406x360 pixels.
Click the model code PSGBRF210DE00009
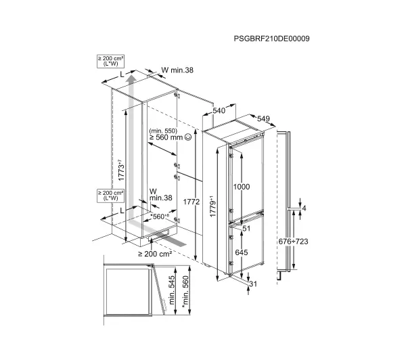point(271,39)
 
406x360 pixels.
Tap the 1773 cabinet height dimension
point(121,170)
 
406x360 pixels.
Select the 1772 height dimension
point(191,202)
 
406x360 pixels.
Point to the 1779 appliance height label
point(213,206)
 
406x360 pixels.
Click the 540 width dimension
point(219,110)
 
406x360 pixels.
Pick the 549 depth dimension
point(263,118)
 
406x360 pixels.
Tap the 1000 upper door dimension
point(242,187)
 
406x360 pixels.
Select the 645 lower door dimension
point(242,252)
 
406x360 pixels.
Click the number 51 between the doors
point(246,229)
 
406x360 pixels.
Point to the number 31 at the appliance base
point(252,284)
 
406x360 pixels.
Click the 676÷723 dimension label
point(294,242)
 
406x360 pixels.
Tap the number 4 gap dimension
point(304,208)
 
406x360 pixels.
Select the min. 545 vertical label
point(172,290)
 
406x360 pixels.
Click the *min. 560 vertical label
point(185,292)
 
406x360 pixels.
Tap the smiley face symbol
point(188,137)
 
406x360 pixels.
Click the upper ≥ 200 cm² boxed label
point(110,61)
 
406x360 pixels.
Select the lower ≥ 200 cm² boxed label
point(110,196)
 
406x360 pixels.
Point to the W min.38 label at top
point(177,70)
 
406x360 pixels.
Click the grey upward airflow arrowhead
point(132,77)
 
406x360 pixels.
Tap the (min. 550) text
point(163,131)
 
